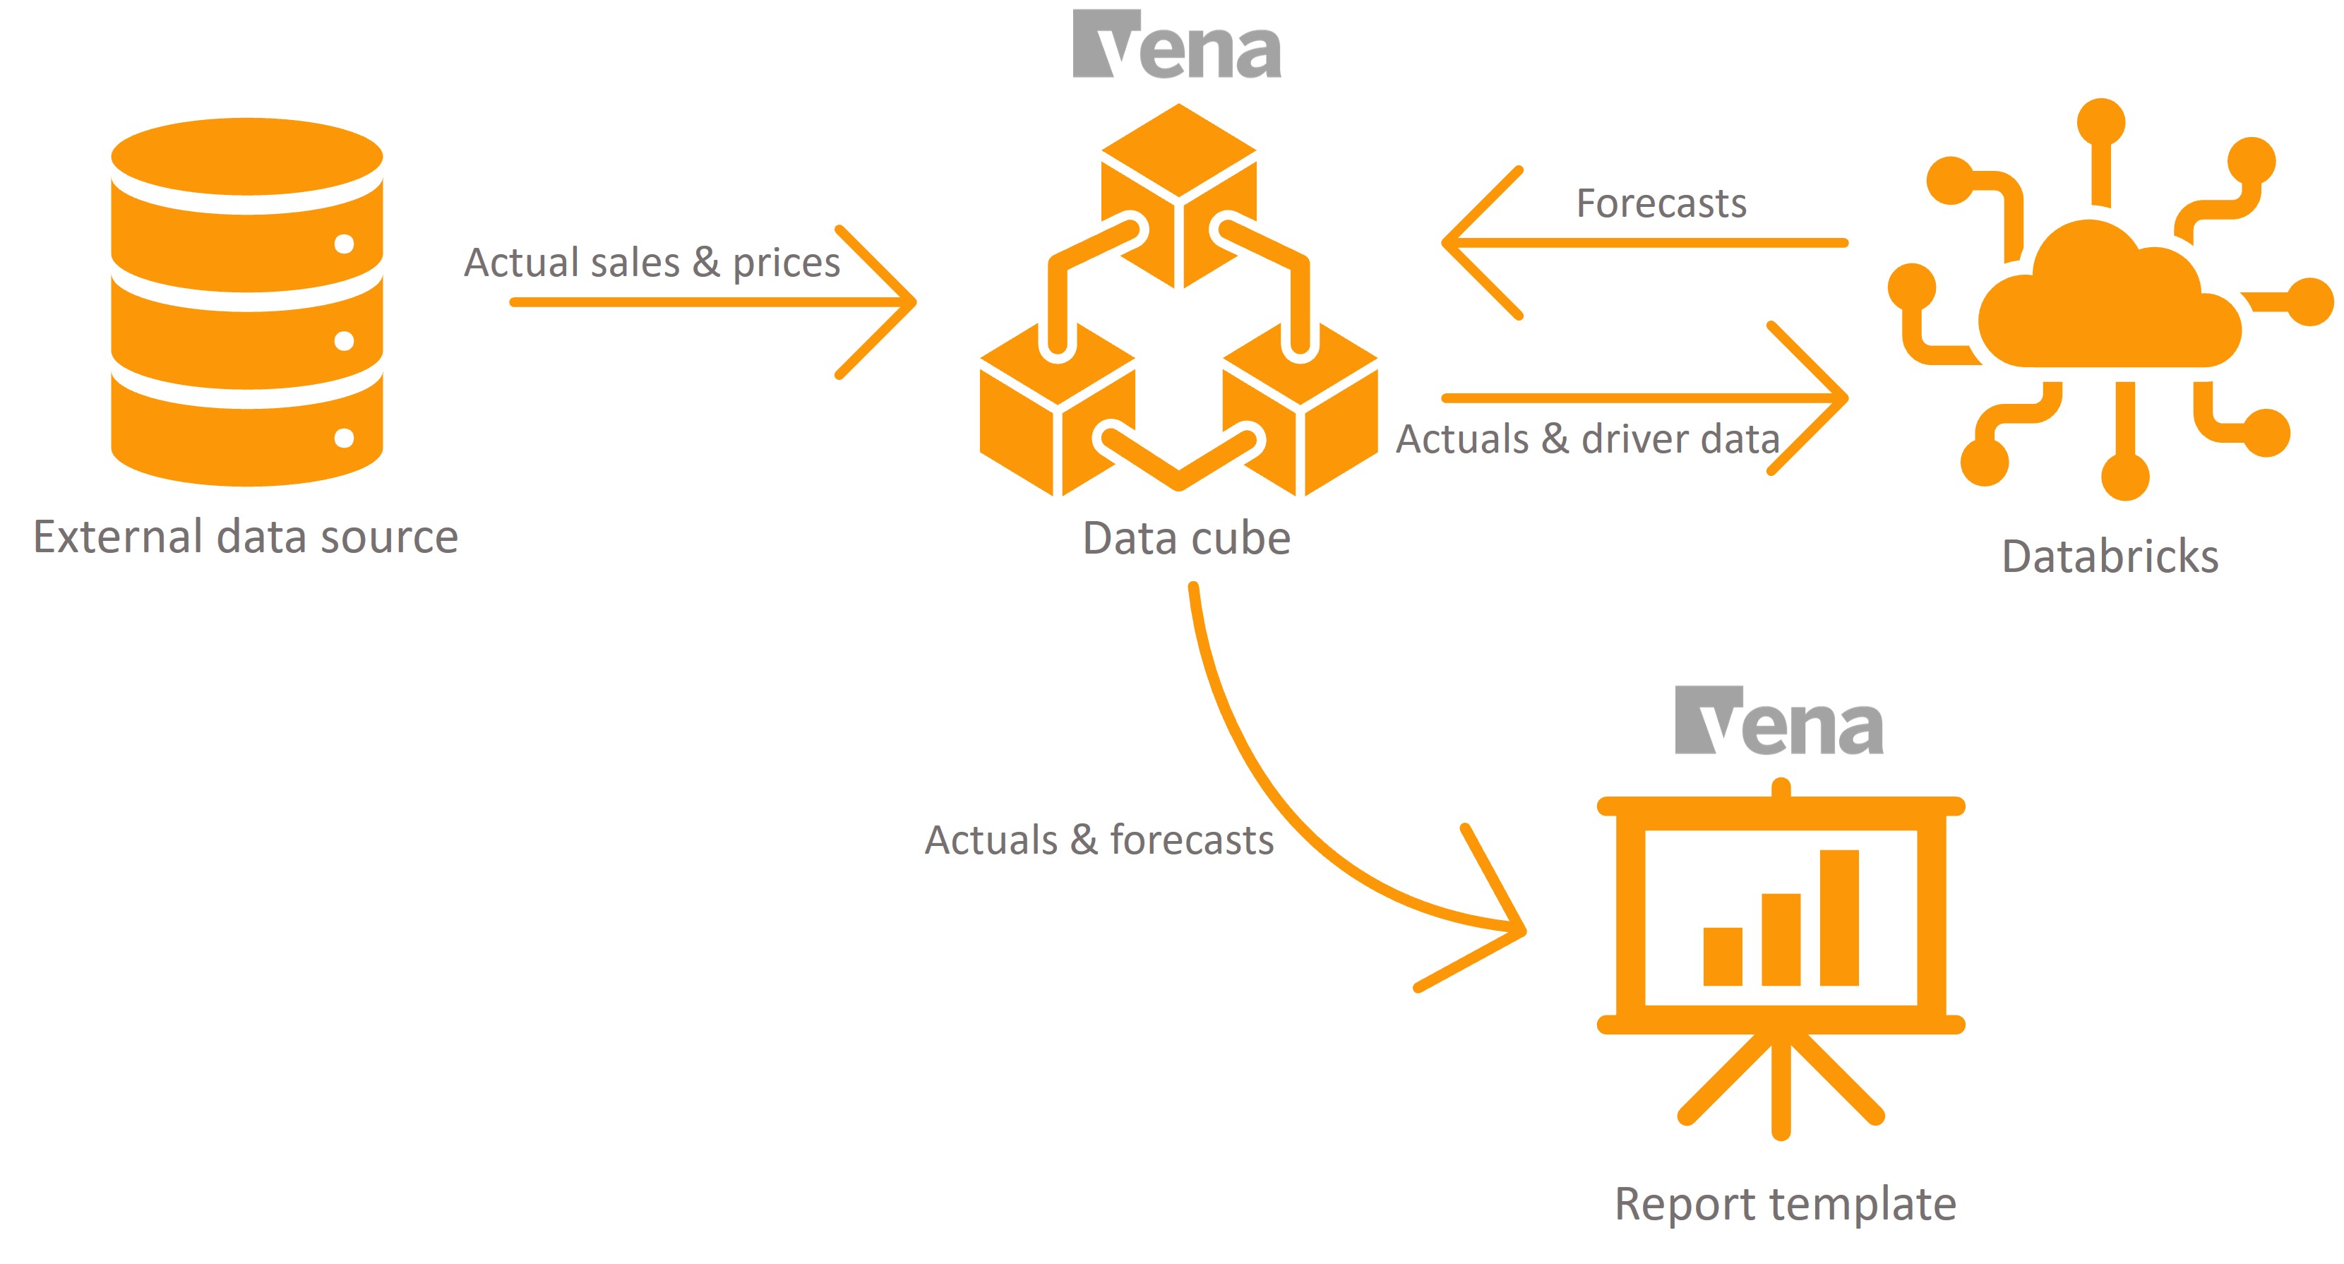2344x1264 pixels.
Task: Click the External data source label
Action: coord(246,536)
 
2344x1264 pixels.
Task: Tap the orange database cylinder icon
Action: coord(246,300)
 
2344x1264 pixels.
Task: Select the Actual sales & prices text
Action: coord(652,262)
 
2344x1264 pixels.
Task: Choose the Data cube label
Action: coord(1185,538)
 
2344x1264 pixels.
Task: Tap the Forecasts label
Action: coord(1661,203)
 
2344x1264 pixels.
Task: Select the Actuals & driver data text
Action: coord(1588,439)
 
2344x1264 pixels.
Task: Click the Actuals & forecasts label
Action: coord(1099,840)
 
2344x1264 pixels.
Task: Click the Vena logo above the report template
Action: coord(1779,721)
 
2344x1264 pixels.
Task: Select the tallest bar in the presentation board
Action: coord(1839,917)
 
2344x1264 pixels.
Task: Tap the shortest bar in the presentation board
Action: coord(1723,956)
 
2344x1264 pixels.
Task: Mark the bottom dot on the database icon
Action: coord(344,439)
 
